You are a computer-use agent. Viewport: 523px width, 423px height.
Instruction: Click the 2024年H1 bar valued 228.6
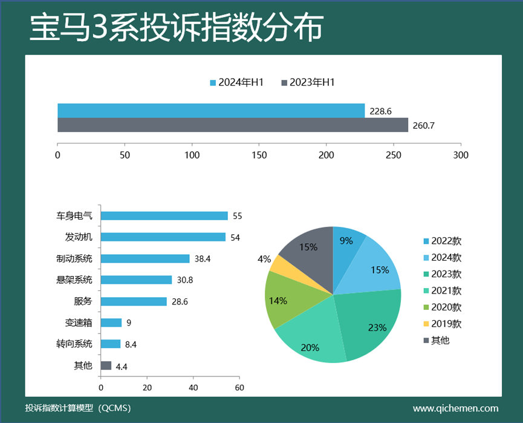pyautogui.click(x=211, y=111)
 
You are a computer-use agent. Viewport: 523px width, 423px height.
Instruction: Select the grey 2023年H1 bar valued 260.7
pyautogui.click(x=233, y=125)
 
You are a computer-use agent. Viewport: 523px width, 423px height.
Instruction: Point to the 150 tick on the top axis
pyautogui.click(x=259, y=155)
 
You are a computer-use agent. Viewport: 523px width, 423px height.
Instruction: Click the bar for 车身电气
pyautogui.click(x=164, y=216)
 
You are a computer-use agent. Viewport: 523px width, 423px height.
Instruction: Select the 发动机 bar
pyautogui.click(x=163, y=237)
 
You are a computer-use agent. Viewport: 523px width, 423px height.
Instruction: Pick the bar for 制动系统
pyautogui.click(x=145, y=258)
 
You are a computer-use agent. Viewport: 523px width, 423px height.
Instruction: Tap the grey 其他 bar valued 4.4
pyautogui.click(x=106, y=365)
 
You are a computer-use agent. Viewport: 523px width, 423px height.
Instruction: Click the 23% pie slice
pyautogui.click(x=370, y=321)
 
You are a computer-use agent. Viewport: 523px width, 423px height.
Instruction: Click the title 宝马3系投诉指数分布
pyautogui.click(x=176, y=27)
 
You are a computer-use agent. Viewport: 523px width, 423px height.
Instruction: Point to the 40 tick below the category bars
pyautogui.click(x=193, y=388)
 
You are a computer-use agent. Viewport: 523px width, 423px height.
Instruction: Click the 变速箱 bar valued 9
pyautogui.click(x=111, y=323)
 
